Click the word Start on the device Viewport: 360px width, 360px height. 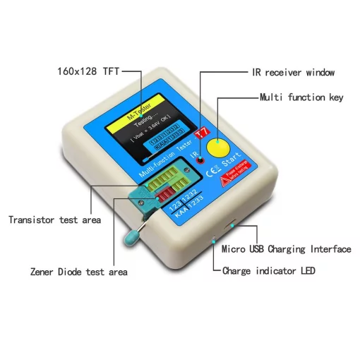click(232, 166)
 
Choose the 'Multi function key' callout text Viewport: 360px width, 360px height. click(301, 97)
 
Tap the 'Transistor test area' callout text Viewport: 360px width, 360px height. click(54, 220)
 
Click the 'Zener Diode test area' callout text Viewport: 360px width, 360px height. click(78, 272)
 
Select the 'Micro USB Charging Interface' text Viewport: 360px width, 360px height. click(286, 249)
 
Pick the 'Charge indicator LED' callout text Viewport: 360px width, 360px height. click(269, 270)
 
